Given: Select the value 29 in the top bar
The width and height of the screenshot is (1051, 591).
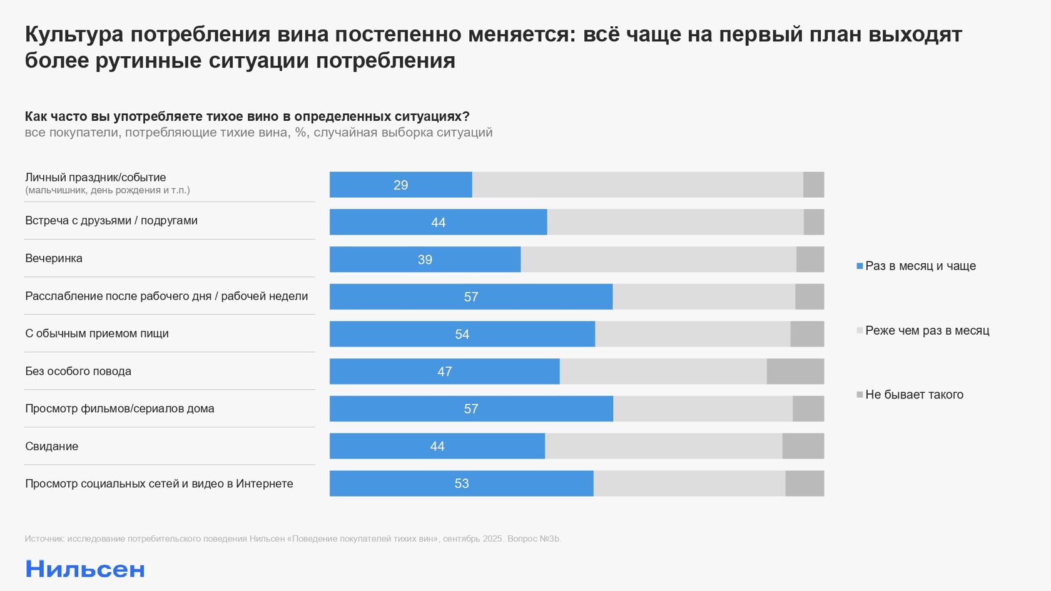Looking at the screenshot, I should point(401,185).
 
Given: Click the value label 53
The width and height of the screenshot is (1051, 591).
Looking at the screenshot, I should point(462,483).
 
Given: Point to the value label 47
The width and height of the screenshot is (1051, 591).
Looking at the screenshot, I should point(445,371).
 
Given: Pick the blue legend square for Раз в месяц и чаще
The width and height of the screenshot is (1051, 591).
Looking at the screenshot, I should point(860,266).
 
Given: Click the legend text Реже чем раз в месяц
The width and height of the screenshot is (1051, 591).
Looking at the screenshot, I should point(927,330).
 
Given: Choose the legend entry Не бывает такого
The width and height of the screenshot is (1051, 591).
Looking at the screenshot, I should point(914,395).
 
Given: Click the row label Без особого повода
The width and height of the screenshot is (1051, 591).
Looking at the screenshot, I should point(78,371).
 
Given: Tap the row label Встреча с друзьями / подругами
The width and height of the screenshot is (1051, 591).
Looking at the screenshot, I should point(111,221).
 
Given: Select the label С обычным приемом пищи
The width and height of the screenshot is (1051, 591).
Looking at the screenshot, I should point(97,334).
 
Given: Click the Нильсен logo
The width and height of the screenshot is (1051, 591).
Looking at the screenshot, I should point(85,569).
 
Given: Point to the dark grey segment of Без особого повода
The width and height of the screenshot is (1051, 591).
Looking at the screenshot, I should point(795,371).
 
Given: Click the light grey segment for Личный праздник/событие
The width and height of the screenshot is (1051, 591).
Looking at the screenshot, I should point(637,185).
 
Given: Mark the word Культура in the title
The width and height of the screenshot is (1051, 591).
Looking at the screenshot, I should point(74,34).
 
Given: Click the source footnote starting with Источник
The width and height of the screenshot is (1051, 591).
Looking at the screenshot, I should point(293,538).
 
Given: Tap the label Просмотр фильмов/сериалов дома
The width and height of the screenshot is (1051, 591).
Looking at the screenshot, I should point(119,409).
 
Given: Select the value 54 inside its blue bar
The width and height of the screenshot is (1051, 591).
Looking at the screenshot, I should point(462,335).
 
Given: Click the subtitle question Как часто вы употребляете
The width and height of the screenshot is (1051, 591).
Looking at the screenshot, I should point(247,116).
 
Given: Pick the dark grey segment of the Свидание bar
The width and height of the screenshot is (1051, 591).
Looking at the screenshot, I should point(803,446).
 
